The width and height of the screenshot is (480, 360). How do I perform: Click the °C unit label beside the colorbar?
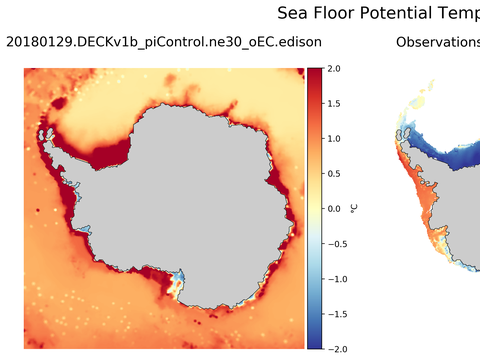(x=354, y=208)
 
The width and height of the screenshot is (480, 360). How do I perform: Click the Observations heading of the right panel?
(x=437, y=42)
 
